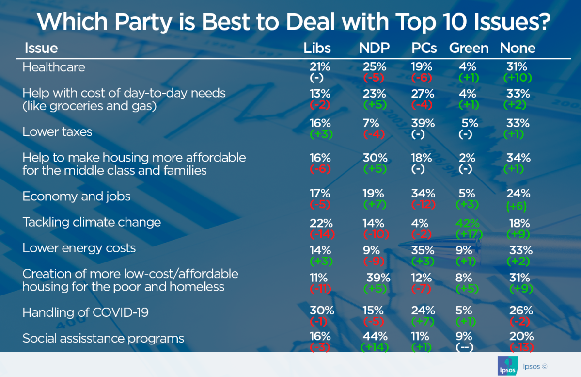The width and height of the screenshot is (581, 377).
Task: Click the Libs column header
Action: point(317,48)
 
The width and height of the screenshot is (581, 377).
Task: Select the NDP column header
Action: point(375,48)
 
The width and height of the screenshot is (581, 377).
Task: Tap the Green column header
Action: point(469,48)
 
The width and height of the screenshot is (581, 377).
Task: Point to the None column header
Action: point(518,48)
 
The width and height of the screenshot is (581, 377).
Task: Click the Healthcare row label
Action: point(54,67)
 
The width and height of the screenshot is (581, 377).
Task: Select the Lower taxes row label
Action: point(57,131)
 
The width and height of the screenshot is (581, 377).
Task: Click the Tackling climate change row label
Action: point(92,222)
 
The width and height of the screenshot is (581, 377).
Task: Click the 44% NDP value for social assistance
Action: point(375,336)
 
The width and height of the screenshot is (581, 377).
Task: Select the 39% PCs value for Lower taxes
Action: point(424,123)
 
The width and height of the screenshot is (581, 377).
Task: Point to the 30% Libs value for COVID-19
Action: point(320,310)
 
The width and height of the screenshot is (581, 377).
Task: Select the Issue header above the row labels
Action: point(41,48)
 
